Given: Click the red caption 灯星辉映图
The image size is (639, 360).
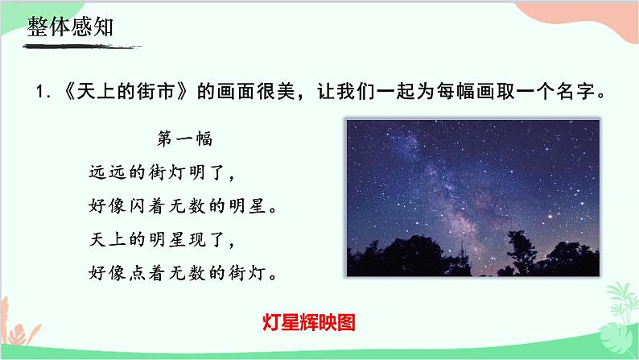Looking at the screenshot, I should click(309, 322).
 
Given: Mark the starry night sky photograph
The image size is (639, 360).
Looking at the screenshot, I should click(473, 197).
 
